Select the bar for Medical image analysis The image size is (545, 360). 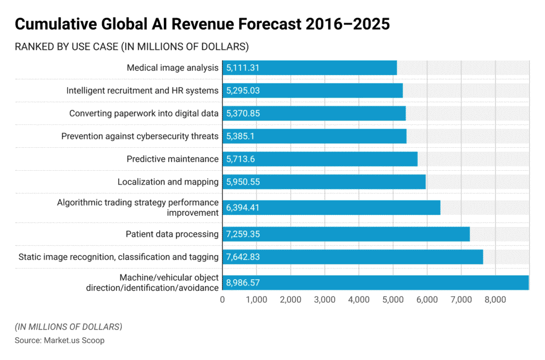pyautogui.click(x=309, y=68)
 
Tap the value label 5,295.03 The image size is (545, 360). pyautogui.click(x=243, y=90)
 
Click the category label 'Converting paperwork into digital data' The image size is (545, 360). pyautogui.click(x=144, y=113)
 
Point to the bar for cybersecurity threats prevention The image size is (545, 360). pyautogui.click(x=314, y=136)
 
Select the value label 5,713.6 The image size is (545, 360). pyautogui.click(x=241, y=159)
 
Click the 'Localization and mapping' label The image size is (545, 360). pyautogui.click(x=168, y=182)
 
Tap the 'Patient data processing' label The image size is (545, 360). pyautogui.click(x=172, y=234)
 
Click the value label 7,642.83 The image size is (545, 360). pyautogui.click(x=243, y=257)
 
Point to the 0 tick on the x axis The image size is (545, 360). pyautogui.click(x=222, y=299)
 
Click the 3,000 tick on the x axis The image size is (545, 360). pyautogui.click(x=325, y=299)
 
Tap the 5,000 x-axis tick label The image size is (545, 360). pyautogui.click(x=393, y=299)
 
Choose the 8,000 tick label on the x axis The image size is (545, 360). pyautogui.click(x=495, y=299)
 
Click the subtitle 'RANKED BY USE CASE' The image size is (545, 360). pyautogui.click(x=131, y=47)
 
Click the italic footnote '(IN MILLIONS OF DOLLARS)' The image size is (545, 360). pyautogui.click(x=68, y=326)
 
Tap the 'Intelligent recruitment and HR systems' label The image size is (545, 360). pyautogui.click(x=142, y=90)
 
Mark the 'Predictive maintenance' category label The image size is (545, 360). pyautogui.click(x=172, y=159)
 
